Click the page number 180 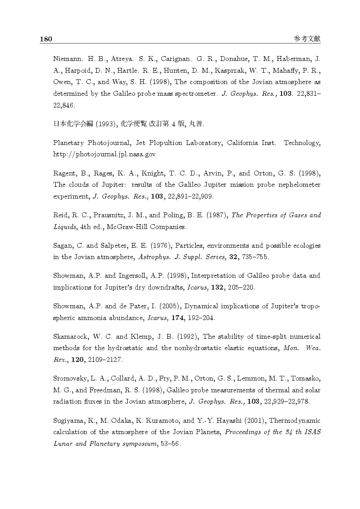[x=46, y=39]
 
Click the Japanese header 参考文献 [x=307, y=39]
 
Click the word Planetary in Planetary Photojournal [x=68, y=143]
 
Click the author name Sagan [x=63, y=246]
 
